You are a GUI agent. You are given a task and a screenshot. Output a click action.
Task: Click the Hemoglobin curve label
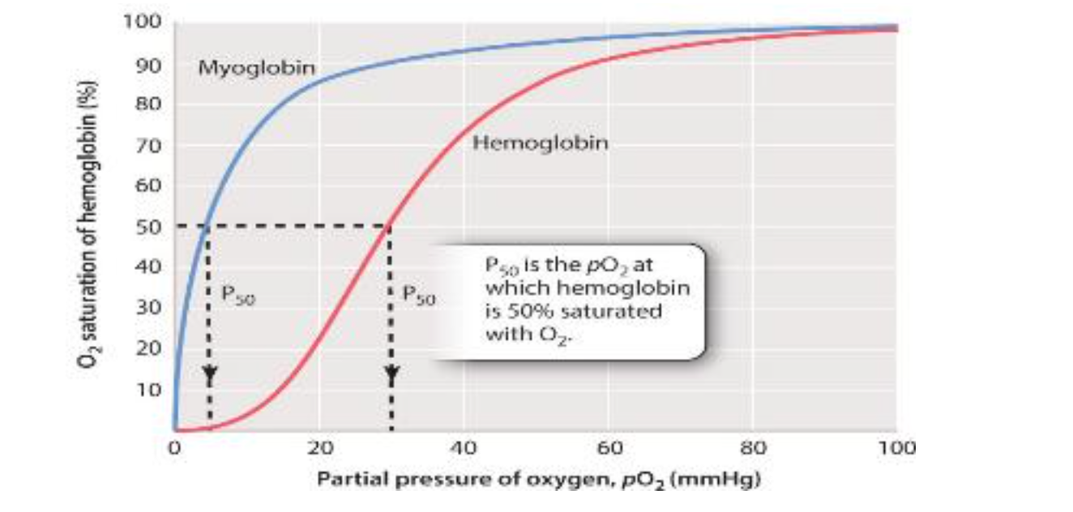point(540,144)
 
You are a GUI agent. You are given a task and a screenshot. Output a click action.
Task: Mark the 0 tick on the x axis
point(173,448)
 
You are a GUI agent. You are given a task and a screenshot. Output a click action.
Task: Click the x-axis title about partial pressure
point(538,480)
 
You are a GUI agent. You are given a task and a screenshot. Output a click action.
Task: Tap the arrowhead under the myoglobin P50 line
point(209,376)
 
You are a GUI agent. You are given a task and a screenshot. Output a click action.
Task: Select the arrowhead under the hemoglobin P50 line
point(391,376)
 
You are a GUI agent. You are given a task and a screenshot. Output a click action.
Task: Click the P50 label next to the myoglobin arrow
point(237,297)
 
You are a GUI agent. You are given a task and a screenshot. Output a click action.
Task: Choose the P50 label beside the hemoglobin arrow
point(419,297)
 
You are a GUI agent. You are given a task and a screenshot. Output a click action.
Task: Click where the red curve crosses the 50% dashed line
point(391,226)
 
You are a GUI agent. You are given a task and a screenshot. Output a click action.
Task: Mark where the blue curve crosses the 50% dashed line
point(207,226)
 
